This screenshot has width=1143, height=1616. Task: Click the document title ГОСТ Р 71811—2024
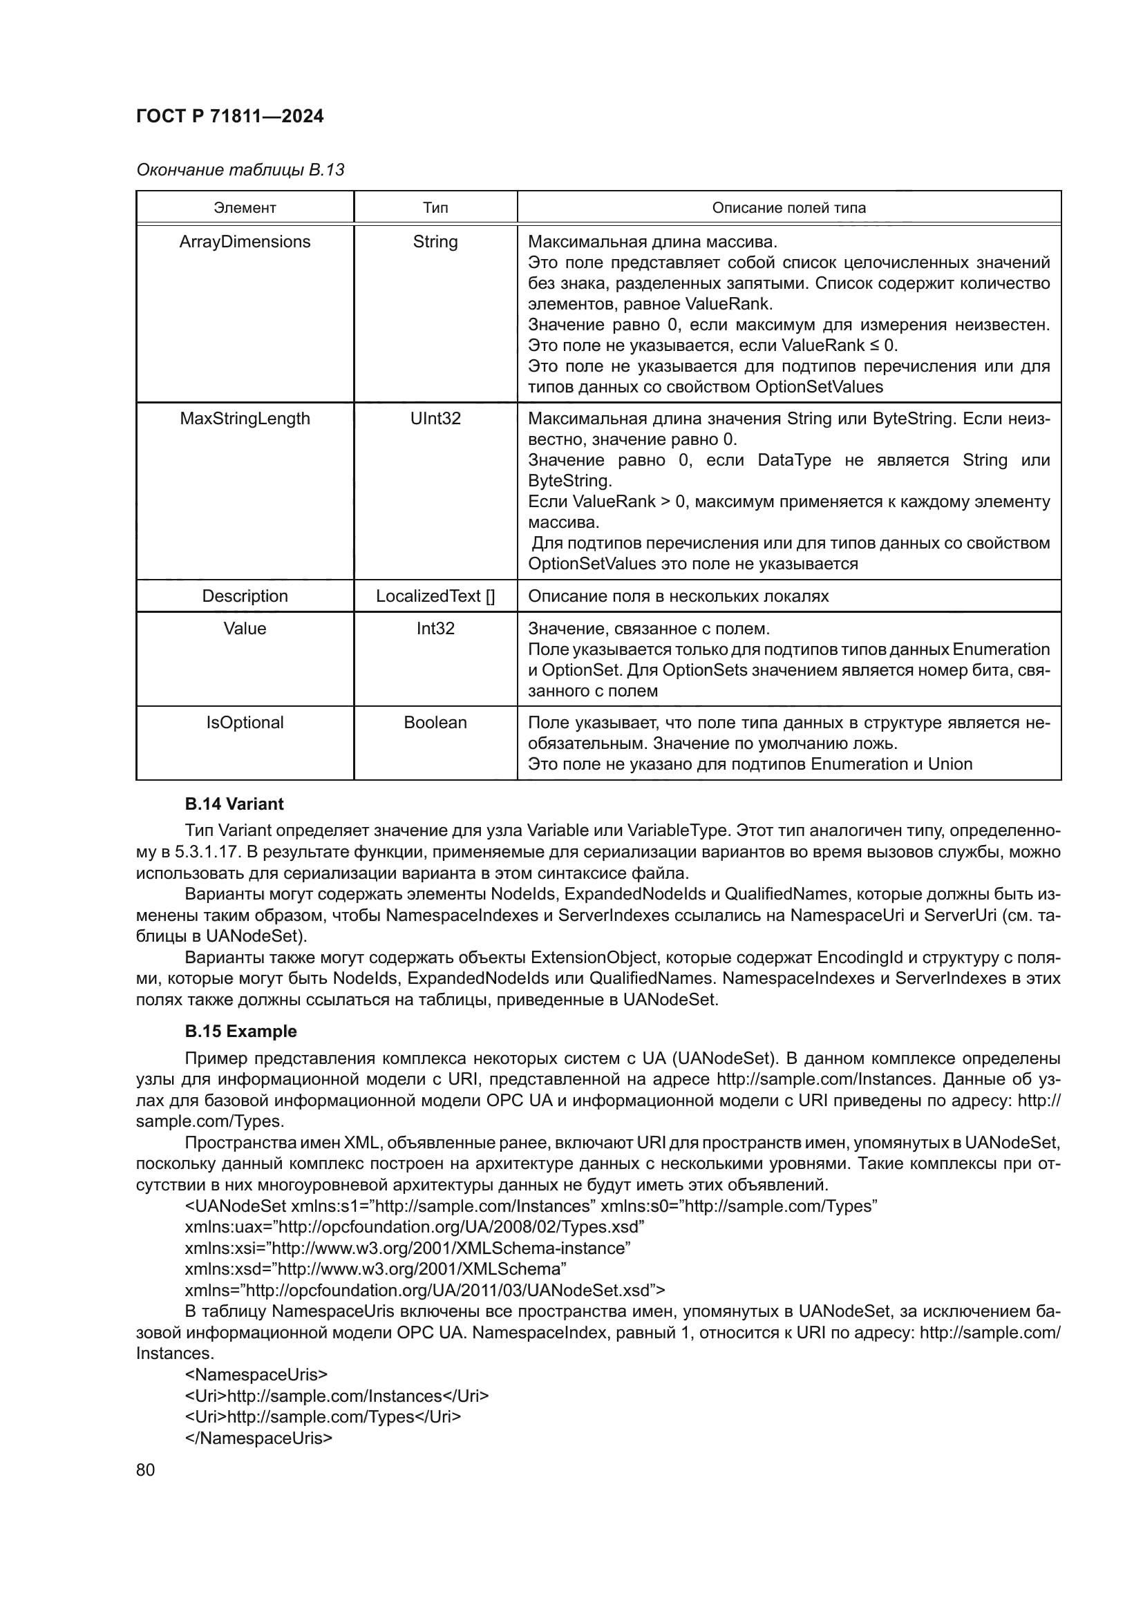pyautogui.click(x=229, y=116)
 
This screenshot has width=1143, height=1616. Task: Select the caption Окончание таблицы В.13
pyautogui.click(x=240, y=170)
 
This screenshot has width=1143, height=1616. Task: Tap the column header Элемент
pyautogui.click(x=245, y=208)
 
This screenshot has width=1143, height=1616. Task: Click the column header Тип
pyautogui.click(x=435, y=208)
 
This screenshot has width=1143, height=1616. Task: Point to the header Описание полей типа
pyautogui.click(x=788, y=208)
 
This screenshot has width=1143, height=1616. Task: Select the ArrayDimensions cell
pyautogui.click(x=245, y=241)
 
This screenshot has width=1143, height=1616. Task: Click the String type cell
pyautogui.click(x=435, y=241)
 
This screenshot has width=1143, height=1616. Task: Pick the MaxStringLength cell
pyautogui.click(x=245, y=418)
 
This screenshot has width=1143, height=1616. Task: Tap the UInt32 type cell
pyautogui.click(x=435, y=418)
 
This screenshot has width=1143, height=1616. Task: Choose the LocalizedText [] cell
pyautogui.click(x=435, y=596)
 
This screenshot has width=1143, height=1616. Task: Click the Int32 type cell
pyautogui.click(x=435, y=628)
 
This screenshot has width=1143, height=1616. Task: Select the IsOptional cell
pyautogui.click(x=245, y=722)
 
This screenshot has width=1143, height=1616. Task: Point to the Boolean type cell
pyautogui.click(x=435, y=722)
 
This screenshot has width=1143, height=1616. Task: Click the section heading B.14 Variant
pyautogui.click(x=234, y=804)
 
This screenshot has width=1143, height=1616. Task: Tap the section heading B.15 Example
pyautogui.click(x=240, y=1031)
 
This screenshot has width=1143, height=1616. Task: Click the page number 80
pyautogui.click(x=145, y=1470)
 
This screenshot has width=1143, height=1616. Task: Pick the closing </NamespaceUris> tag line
pyautogui.click(x=258, y=1438)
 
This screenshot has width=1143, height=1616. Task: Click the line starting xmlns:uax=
pyautogui.click(x=415, y=1227)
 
